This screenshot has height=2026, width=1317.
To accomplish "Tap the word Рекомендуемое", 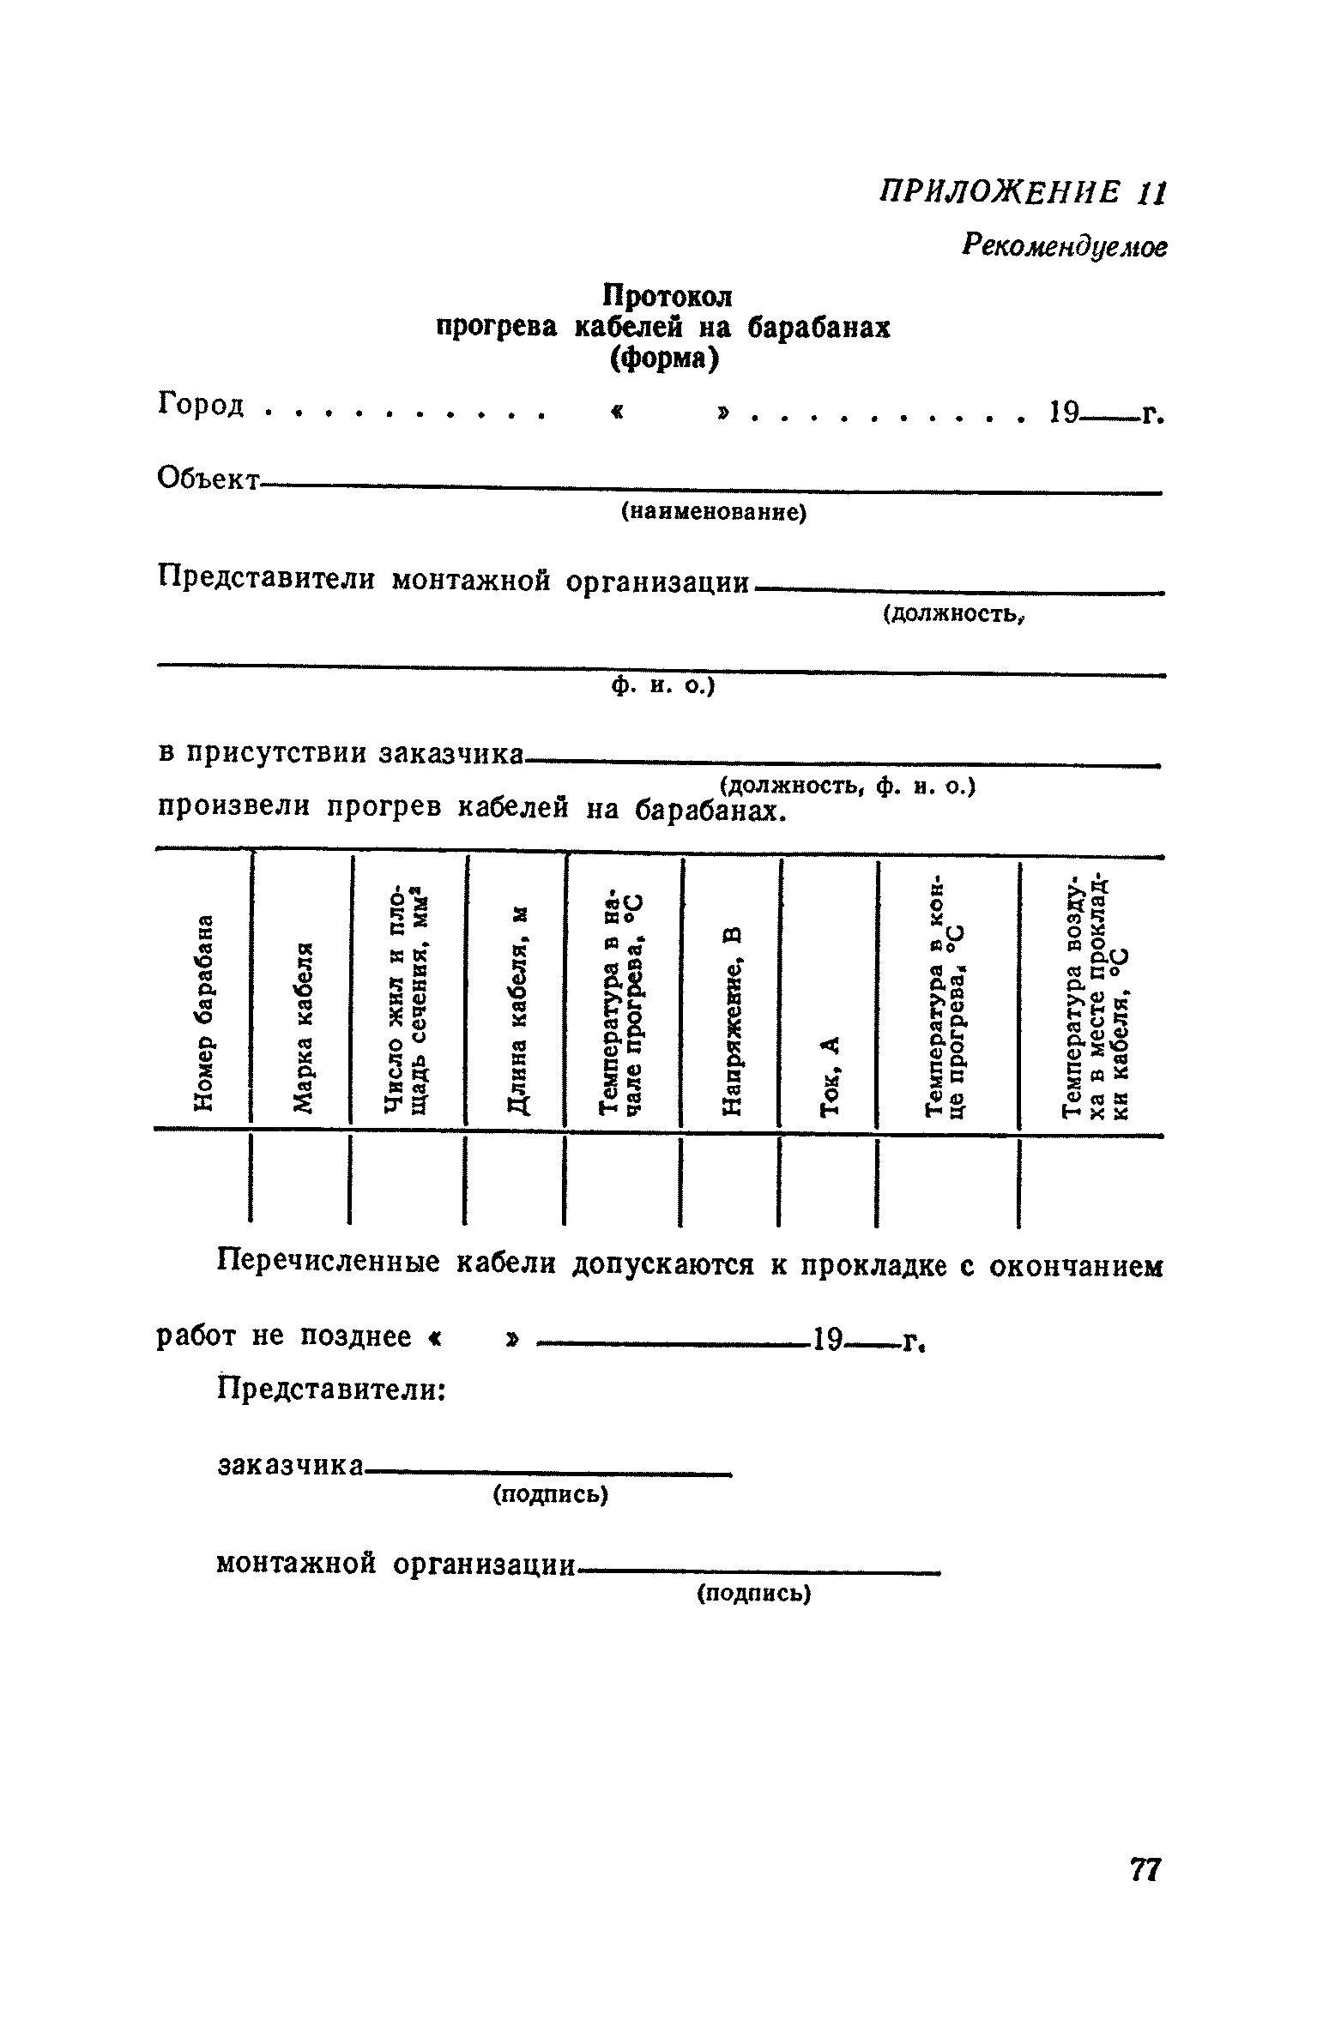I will click(x=1064, y=247).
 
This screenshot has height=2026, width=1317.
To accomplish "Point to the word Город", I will click(x=202, y=404).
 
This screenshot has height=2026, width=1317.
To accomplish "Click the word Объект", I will click(x=208, y=479).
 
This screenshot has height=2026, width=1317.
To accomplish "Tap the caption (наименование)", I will click(x=714, y=513).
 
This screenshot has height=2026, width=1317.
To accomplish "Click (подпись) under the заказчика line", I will click(x=550, y=1495).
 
